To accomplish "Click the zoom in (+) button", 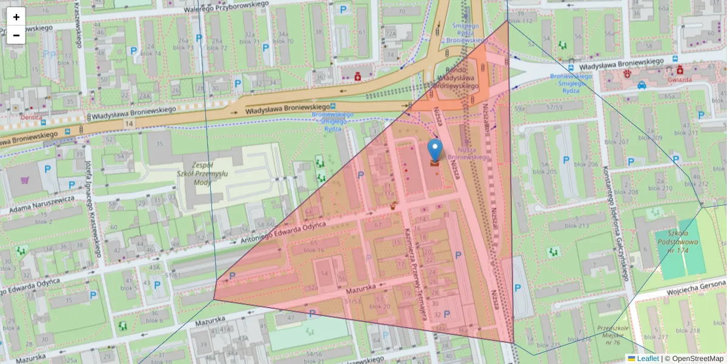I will [16, 17].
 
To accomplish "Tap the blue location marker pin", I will [434, 150].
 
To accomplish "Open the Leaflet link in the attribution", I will [648, 359].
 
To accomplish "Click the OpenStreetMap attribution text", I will [694, 359].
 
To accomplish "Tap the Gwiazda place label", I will [680, 79].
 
